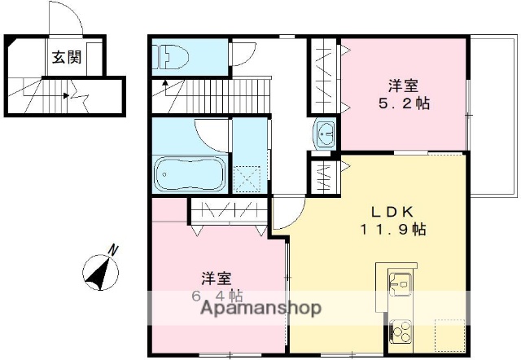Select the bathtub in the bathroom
189,173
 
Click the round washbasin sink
326,133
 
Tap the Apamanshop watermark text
256,309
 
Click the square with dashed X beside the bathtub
247,177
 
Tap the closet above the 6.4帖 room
227,210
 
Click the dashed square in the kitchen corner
448,333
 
